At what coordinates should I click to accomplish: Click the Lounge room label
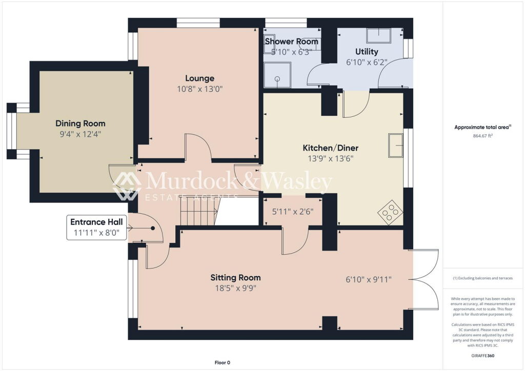coord(199,78)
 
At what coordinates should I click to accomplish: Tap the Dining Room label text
coord(80,123)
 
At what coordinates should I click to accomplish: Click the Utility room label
coord(367,52)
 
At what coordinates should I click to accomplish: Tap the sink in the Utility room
coord(378,35)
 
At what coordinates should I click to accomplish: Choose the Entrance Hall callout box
coord(96,227)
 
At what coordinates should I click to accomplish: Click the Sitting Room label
coord(235,278)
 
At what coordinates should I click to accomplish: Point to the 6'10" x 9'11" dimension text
coord(369,279)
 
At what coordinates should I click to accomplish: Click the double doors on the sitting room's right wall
coord(425,280)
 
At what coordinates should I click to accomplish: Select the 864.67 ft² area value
coord(483,136)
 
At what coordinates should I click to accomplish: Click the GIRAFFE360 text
coord(483,356)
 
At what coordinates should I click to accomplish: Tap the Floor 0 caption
coord(222,363)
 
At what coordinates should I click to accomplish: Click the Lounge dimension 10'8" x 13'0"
coord(199,89)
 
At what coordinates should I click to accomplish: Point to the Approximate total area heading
coord(483,128)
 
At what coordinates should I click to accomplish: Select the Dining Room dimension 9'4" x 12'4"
coord(80,134)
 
